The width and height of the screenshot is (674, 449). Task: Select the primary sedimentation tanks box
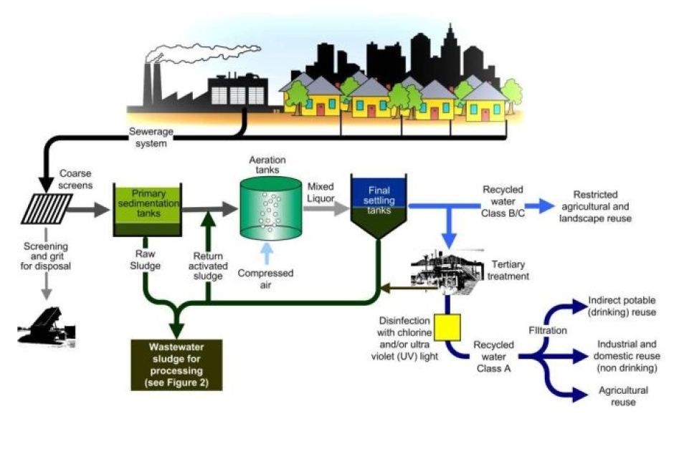click(x=146, y=209)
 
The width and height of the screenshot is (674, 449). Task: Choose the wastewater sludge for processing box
click(x=177, y=364)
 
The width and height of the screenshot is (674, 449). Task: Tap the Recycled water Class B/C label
click(x=502, y=201)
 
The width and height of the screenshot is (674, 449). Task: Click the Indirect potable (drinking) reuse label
click(x=621, y=306)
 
